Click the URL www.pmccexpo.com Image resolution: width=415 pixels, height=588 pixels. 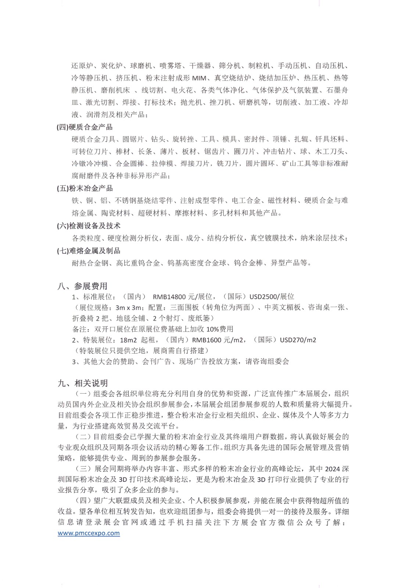click(89, 533)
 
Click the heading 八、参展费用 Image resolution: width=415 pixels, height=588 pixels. click(82, 286)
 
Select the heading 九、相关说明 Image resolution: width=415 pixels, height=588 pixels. click(83, 383)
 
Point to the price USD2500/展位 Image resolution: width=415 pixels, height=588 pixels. click(272, 297)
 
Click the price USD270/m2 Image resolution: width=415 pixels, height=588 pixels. click(298, 340)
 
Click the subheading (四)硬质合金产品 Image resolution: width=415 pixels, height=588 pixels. click(85, 127)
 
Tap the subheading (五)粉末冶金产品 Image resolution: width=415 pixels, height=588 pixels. click(85, 188)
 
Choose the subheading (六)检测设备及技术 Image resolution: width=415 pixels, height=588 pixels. click(89, 226)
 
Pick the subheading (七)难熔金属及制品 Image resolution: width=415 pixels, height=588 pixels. click(89, 251)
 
